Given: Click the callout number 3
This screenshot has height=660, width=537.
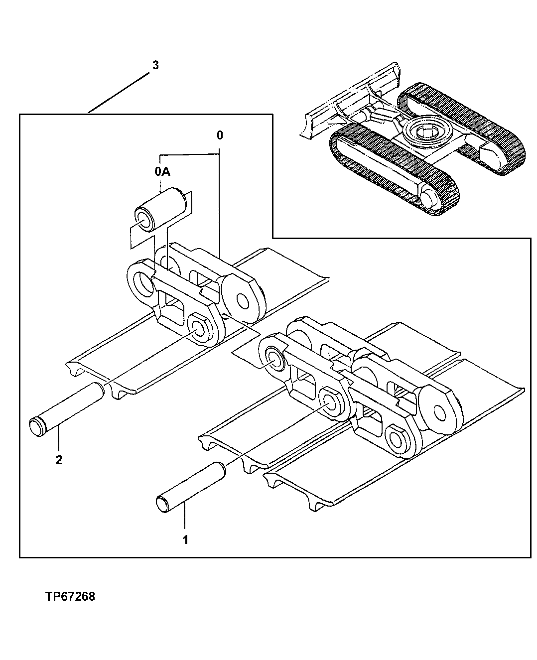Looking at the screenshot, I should point(155,65).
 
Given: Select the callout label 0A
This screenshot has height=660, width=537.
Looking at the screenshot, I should point(162,172).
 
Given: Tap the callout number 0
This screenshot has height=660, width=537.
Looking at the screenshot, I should point(220,135).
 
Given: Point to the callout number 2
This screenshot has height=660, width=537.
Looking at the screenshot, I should point(59,460).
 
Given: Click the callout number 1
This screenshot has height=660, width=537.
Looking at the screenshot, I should point(185,539).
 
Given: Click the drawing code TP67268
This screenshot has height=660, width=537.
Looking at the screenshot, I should point(70,596).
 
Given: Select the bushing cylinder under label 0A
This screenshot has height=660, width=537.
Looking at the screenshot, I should point(162,209).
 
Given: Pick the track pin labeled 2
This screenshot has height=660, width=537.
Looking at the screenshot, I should point(67,407).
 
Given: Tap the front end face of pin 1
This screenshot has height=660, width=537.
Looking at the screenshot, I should point(163,503).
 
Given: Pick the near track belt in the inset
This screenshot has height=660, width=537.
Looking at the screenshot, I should point(394,169).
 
